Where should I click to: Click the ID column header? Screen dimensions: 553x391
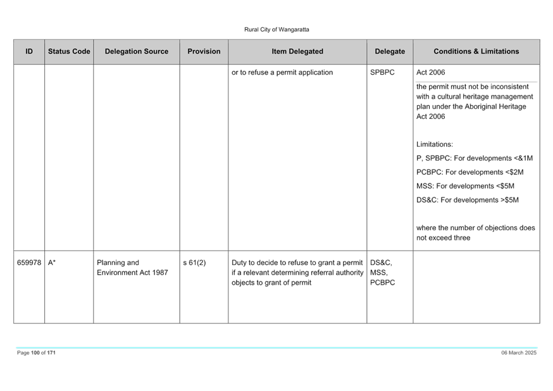click(x=29, y=51)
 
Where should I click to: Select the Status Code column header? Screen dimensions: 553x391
click(x=69, y=51)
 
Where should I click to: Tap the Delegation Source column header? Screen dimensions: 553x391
click(x=137, y=51)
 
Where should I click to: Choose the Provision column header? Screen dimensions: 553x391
click(x=204, y=51)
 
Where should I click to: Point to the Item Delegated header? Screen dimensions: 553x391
click(x=297, y=51)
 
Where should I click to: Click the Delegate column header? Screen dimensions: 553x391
click(x=390, y=51)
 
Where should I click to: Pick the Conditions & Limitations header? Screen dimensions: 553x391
click(x=476, y=51)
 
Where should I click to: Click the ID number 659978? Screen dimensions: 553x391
click(x=29, y=263)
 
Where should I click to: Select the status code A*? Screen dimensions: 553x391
click(x=52, y=263)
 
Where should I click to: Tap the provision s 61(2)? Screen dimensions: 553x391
click(x=194, y=263)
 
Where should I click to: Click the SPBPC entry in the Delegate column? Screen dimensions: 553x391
click(x=382, y=72)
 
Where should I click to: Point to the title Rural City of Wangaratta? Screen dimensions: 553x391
click(x=276, y=30)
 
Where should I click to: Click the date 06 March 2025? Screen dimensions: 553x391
click(x=519, y=352)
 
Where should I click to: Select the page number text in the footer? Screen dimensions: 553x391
click(x=36, y=352)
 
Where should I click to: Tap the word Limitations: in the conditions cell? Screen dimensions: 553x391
click(x=435, y=144)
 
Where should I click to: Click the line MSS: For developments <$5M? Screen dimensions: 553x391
click(x=465, y=186)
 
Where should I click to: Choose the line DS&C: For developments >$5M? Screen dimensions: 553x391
click(x=468, y=200)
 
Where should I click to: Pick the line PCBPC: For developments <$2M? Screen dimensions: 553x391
click(x=469, y=172)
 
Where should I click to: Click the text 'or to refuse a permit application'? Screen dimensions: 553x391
click(x=282, y=72)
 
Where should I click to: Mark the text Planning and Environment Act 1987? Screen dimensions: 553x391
click(x=132, y=268)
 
